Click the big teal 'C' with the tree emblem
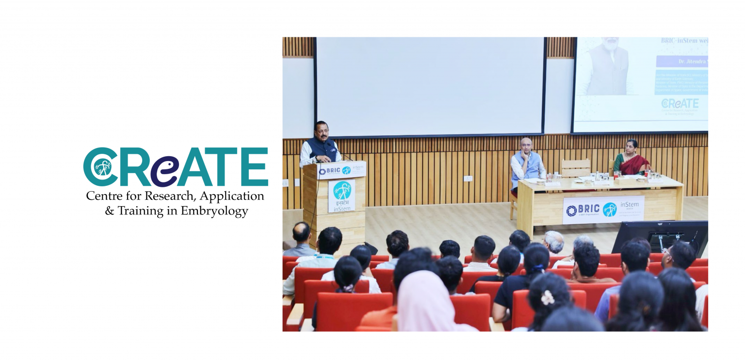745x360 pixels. point(99,167)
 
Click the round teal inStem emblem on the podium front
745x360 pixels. point(342,190)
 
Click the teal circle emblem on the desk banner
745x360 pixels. point(610,209)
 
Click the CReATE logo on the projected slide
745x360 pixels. point(680,104)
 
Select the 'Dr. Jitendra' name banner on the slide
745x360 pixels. point(681,62)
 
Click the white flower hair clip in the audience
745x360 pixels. point(548,297)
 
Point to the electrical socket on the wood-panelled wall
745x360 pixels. point(468,178)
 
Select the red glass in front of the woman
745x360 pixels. point(647,173)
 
